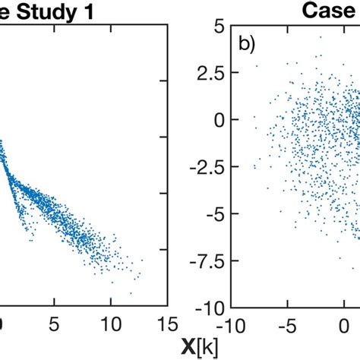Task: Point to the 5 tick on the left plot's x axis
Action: pos(54,324)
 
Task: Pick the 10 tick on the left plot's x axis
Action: pos(109,324)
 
